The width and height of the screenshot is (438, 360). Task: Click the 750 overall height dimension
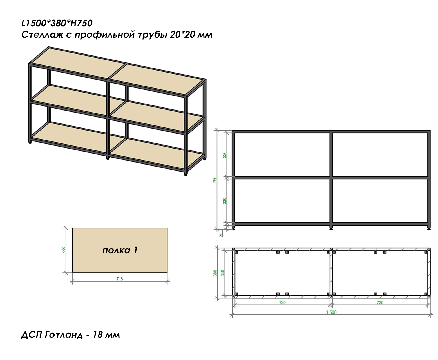click(215, 180)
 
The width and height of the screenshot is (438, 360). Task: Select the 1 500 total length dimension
click(331, 312)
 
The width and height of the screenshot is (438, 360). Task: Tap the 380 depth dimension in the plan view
click(215, 273)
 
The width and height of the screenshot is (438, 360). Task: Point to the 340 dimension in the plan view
click(222, 273)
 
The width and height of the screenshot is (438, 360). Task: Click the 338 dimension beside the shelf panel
click(64, 250)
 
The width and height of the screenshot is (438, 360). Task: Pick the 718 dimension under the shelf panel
click(120, 279)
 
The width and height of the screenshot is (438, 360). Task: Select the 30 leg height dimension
click(221, 235)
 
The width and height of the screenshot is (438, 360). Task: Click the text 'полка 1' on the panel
click(120, 250)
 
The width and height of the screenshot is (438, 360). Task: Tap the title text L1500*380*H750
click(57, 23)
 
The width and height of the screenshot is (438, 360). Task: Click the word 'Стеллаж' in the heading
click(42, 35)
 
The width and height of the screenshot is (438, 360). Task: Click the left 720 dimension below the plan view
click(282, 303)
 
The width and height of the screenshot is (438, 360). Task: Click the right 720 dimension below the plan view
click(380, 303)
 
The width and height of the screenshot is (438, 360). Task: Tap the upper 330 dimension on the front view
click(225, 155)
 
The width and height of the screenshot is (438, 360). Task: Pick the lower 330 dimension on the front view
click(225, 201)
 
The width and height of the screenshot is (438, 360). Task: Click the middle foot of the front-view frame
click(331, 229)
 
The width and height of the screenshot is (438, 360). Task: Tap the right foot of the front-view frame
click(429, 229)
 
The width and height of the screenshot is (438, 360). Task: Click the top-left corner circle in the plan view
click(234, 249)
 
